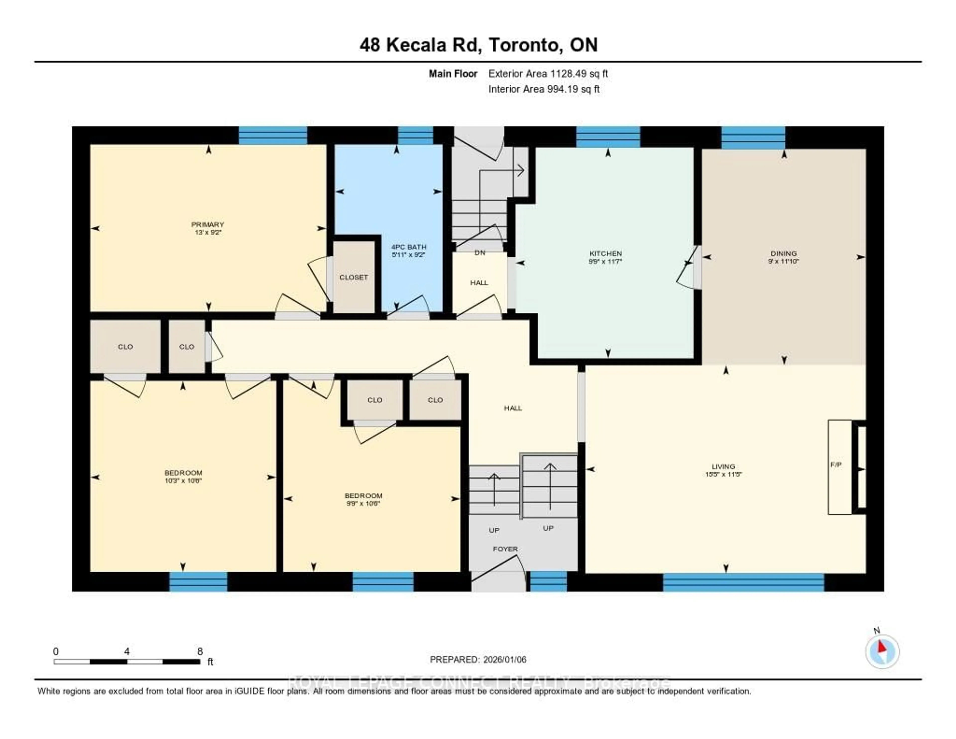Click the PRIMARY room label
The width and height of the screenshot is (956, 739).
[207, 224]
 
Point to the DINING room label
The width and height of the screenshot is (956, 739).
[783, 253]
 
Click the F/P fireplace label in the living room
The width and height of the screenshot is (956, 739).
[836, 465]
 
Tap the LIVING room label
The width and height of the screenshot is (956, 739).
[723, 466]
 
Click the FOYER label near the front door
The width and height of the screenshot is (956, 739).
[505, 549]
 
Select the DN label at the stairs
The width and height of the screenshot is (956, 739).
[480, 253]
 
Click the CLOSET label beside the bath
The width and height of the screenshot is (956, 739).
[354, 277]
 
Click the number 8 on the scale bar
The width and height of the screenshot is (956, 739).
[200, 651]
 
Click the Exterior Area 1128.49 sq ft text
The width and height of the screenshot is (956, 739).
[548, 74]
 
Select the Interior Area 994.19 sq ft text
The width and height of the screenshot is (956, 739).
[544, 89]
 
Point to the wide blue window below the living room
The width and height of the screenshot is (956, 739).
[743, 582]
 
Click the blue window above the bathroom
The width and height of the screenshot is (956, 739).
[415, 135]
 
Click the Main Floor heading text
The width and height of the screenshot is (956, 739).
[453, 74]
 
